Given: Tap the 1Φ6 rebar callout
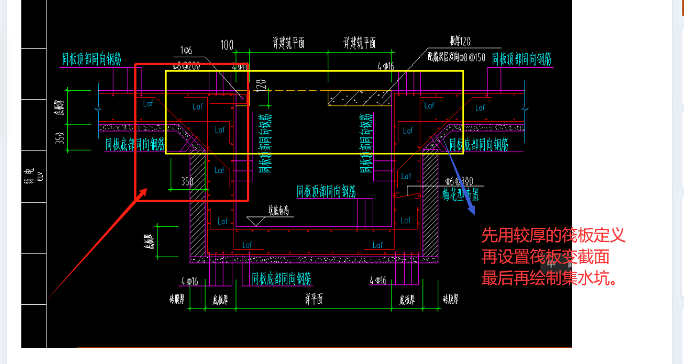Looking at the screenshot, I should tap(186, 51).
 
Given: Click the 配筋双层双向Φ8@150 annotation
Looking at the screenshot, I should tap(456, 57).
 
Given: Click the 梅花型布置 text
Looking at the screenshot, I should tap(460, 195).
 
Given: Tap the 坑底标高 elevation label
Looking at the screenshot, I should tap(281, 211).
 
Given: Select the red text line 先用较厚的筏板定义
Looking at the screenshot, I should tap(553, 235).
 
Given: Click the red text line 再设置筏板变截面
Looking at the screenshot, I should tap(545, 257).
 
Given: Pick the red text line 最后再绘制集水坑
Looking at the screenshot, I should tap(549, 278).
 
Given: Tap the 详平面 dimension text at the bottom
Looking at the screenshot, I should tap(313, 299).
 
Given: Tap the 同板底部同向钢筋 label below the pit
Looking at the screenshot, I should tap(281, 278).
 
